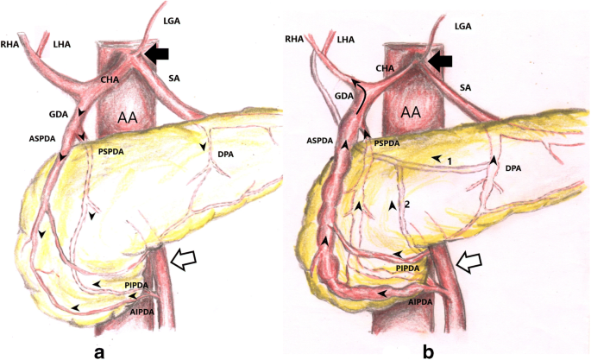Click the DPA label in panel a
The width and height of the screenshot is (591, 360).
tap(226, 155)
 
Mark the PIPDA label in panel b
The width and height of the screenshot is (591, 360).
tap(413, 269)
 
